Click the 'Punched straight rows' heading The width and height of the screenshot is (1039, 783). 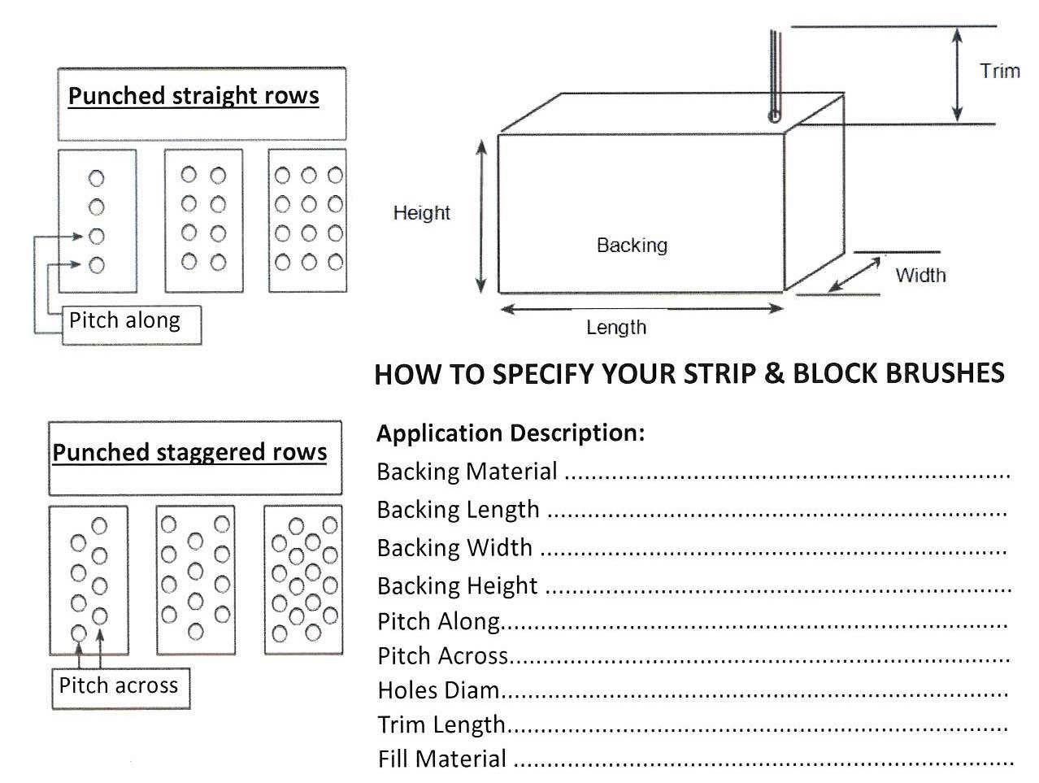click(193, 96)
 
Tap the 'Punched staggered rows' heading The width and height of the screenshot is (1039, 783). click(189, 452)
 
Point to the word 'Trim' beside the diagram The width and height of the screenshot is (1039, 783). click(999, 72)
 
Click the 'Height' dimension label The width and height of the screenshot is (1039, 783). click(421, 213)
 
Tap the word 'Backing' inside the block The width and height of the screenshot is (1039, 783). click(632, 245)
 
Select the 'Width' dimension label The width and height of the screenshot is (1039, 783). click(920, 276)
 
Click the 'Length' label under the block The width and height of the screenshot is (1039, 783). click(616, 328)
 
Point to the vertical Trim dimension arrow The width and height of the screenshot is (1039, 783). click(958, 75)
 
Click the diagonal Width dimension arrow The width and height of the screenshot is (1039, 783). click(856, 274)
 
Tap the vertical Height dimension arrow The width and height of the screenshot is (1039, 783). click(481, 215)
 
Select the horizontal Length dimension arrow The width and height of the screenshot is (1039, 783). click(641, 309)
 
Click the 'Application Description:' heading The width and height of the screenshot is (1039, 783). click(511, 433)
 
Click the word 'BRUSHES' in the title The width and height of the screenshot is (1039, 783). click(945, 373)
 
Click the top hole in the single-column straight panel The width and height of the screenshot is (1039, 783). click(97, 178)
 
